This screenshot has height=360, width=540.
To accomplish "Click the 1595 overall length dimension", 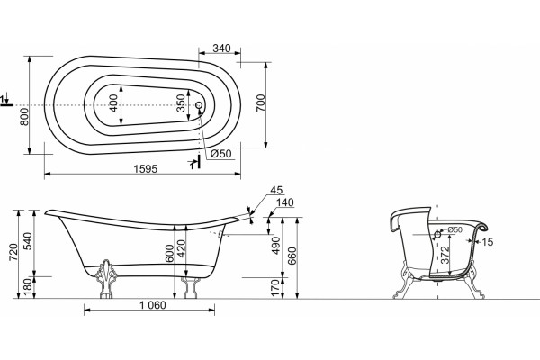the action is coord(145,169).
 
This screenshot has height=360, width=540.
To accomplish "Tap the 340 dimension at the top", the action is coord(221,49).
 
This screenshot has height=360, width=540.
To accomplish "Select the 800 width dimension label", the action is coord(24,116).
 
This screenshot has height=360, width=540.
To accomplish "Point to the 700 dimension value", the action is coord(261,103).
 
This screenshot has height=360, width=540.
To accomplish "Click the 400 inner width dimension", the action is coord(113,103).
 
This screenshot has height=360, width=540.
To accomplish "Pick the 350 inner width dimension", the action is coord(181,103).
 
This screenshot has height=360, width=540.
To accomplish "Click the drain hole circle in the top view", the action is coord(199,105).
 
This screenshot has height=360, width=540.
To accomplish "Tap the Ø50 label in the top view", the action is coord(221,154).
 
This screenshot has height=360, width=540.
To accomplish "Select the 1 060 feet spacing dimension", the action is coord(153,305).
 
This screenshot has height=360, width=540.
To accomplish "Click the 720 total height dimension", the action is coord(13,253).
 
